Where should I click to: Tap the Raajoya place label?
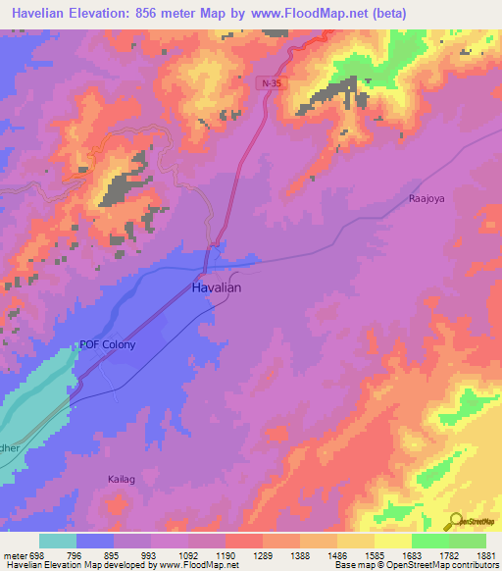pos(427,198)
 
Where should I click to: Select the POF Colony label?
pos(108,345)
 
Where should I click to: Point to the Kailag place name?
pos(121,479)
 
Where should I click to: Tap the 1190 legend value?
pos(226,554)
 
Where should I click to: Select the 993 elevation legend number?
pos(150,554)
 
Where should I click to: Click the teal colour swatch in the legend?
pos(58,541)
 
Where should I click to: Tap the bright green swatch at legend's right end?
pos(467,541)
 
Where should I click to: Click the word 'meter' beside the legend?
pos(11,554)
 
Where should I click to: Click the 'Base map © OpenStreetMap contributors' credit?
pos(415,565)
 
